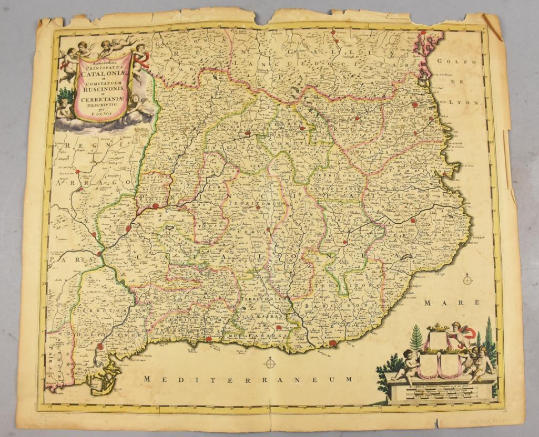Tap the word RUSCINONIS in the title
coord(104,88)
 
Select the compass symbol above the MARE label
coord(467,279)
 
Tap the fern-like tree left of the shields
coord(416,339)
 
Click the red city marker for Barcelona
coord(332,343)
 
